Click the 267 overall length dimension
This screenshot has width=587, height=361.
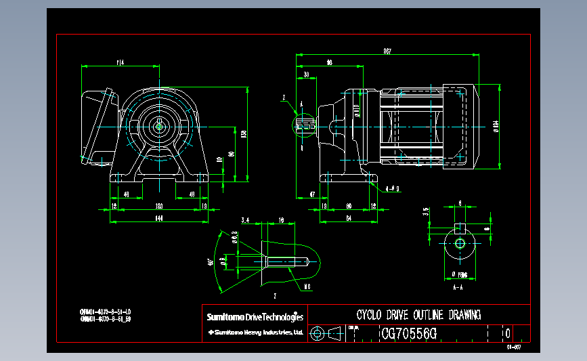point(387,51)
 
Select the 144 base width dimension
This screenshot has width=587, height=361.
point(160,218)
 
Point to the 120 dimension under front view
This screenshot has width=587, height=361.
point(159,205)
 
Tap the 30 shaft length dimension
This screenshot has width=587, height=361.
point(307,74)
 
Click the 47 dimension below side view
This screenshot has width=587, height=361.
point(312,195)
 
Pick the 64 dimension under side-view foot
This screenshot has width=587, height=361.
point(349,218)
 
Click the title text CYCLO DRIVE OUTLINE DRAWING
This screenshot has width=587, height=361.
point(418,315)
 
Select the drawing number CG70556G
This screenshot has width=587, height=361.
point(409,333)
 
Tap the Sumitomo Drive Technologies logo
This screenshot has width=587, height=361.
point(255,316)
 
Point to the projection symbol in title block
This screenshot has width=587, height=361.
point(326,333)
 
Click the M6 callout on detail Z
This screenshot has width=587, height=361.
point(306,286)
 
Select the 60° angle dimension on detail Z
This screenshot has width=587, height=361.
point(211,261)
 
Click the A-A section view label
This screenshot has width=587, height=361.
point(458,287)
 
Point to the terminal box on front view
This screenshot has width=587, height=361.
point(97,126)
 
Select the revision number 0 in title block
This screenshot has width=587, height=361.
point(507,333)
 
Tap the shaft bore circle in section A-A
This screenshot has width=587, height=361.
point(460,242)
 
